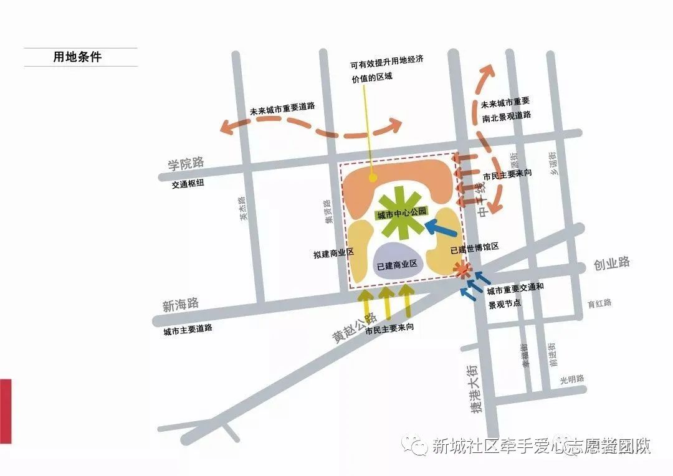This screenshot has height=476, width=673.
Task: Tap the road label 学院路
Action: [186, 164]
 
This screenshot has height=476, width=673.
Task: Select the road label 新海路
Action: [180, 305]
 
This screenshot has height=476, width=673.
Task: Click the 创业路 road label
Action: [611, 263]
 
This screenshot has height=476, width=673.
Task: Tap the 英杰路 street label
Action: [244, 209]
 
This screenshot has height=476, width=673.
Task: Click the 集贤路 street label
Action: [328, 211]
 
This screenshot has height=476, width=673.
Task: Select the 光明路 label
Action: [571, 378]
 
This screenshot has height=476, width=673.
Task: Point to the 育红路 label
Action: [599, 303]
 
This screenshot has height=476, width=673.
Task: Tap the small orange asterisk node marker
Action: [462, 270]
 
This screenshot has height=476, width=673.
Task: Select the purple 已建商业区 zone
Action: [399, 262]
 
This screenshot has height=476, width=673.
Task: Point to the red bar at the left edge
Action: [6, 411]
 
